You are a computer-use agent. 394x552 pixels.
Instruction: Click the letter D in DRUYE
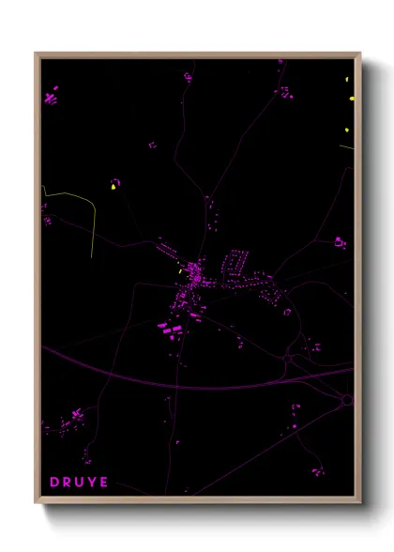point(54,483)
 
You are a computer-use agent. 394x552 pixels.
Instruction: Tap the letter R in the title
point(68,483)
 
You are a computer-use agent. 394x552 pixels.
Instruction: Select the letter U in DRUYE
point(81,483)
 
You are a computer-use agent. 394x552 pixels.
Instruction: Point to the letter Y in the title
point(93,483)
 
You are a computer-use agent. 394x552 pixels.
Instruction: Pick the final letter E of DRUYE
point(105,483)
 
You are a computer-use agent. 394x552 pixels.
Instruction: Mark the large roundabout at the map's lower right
point(347,400)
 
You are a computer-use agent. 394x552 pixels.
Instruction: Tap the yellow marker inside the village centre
point(181,272)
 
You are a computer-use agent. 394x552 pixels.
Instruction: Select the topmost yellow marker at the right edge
point(351,98)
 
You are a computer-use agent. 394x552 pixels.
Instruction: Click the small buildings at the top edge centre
point(188,75)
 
